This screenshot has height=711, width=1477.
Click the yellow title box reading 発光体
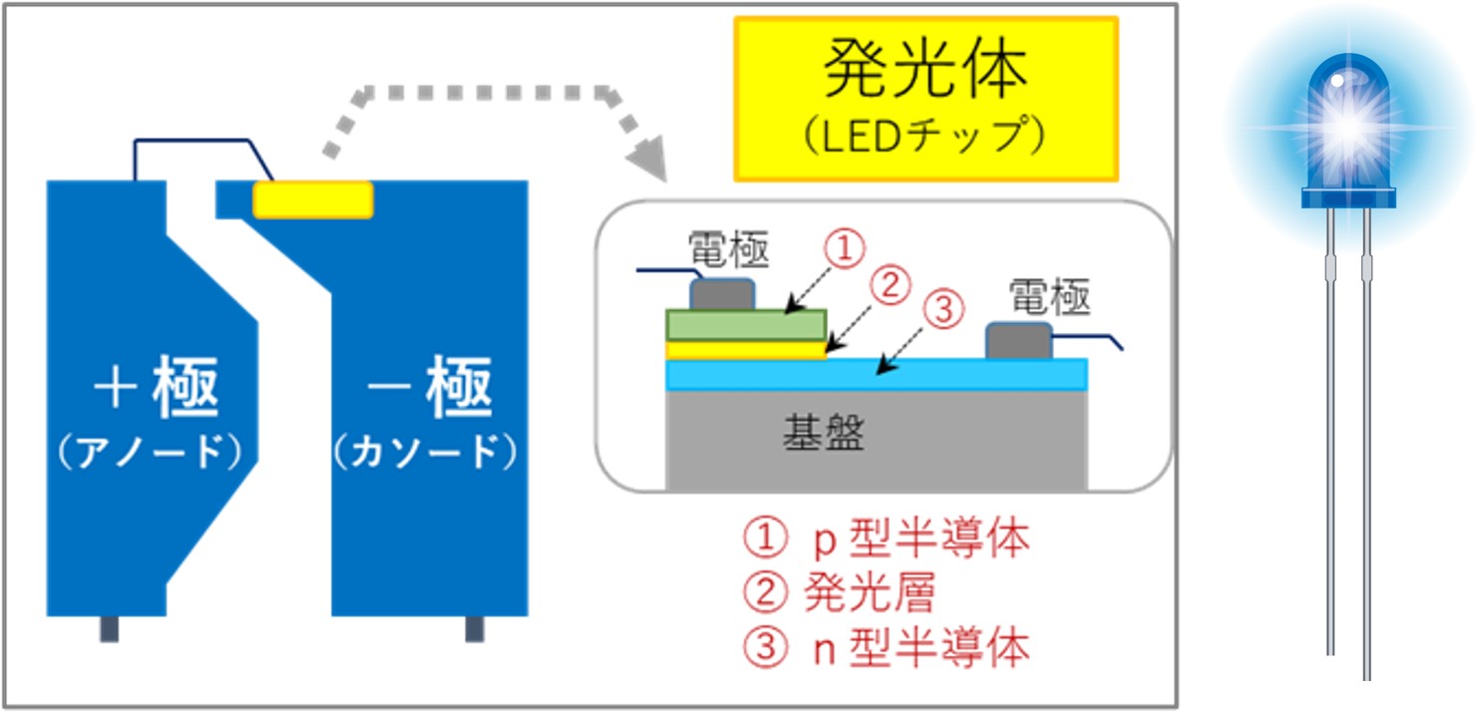(925, 99)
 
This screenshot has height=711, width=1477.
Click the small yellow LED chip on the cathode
(313, 199)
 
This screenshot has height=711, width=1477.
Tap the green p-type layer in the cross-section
(745, 325)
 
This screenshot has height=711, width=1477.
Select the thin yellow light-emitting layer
(745, 350)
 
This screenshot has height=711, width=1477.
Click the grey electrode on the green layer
(721, 294)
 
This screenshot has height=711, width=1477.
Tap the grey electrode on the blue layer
(1018, 340)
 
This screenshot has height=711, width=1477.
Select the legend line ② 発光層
(839, 594)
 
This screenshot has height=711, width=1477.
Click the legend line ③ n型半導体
(886, 649)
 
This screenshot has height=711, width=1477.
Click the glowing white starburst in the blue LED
(1347, 125)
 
